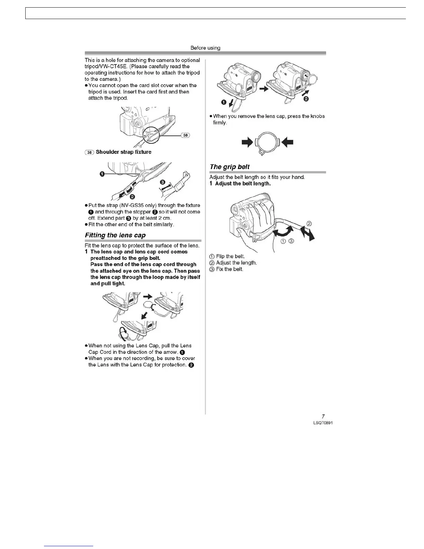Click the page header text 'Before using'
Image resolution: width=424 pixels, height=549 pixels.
(x=205, y=48)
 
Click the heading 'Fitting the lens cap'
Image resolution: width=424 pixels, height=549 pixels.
(x=115, y=235)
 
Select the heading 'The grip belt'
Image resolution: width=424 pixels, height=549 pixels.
(x=229, y=167)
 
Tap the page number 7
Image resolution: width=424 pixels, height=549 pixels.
(x=323, y=416)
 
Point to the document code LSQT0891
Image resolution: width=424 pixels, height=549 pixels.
(x=323, y=423)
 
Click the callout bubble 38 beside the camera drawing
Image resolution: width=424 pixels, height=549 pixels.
(x=186, y=135)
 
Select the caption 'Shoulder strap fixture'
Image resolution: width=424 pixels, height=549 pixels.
(x=123, y=152)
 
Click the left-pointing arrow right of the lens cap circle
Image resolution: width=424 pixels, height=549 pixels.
(x=288, y=142)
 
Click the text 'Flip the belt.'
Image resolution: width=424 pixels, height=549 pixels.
(x=230, y=256)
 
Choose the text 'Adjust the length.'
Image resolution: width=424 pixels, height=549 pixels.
(x=236, y=263)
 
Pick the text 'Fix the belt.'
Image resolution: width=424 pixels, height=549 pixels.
(x=229, y=269)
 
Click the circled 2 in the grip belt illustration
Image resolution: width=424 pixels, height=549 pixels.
(x=309, y=224)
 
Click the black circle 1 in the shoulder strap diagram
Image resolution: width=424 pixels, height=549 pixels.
(x=102, y=174)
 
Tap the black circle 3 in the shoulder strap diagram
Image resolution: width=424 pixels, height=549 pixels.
(x=162, y=182)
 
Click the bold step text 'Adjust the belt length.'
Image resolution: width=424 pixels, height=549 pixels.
(x=243, y=184)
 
